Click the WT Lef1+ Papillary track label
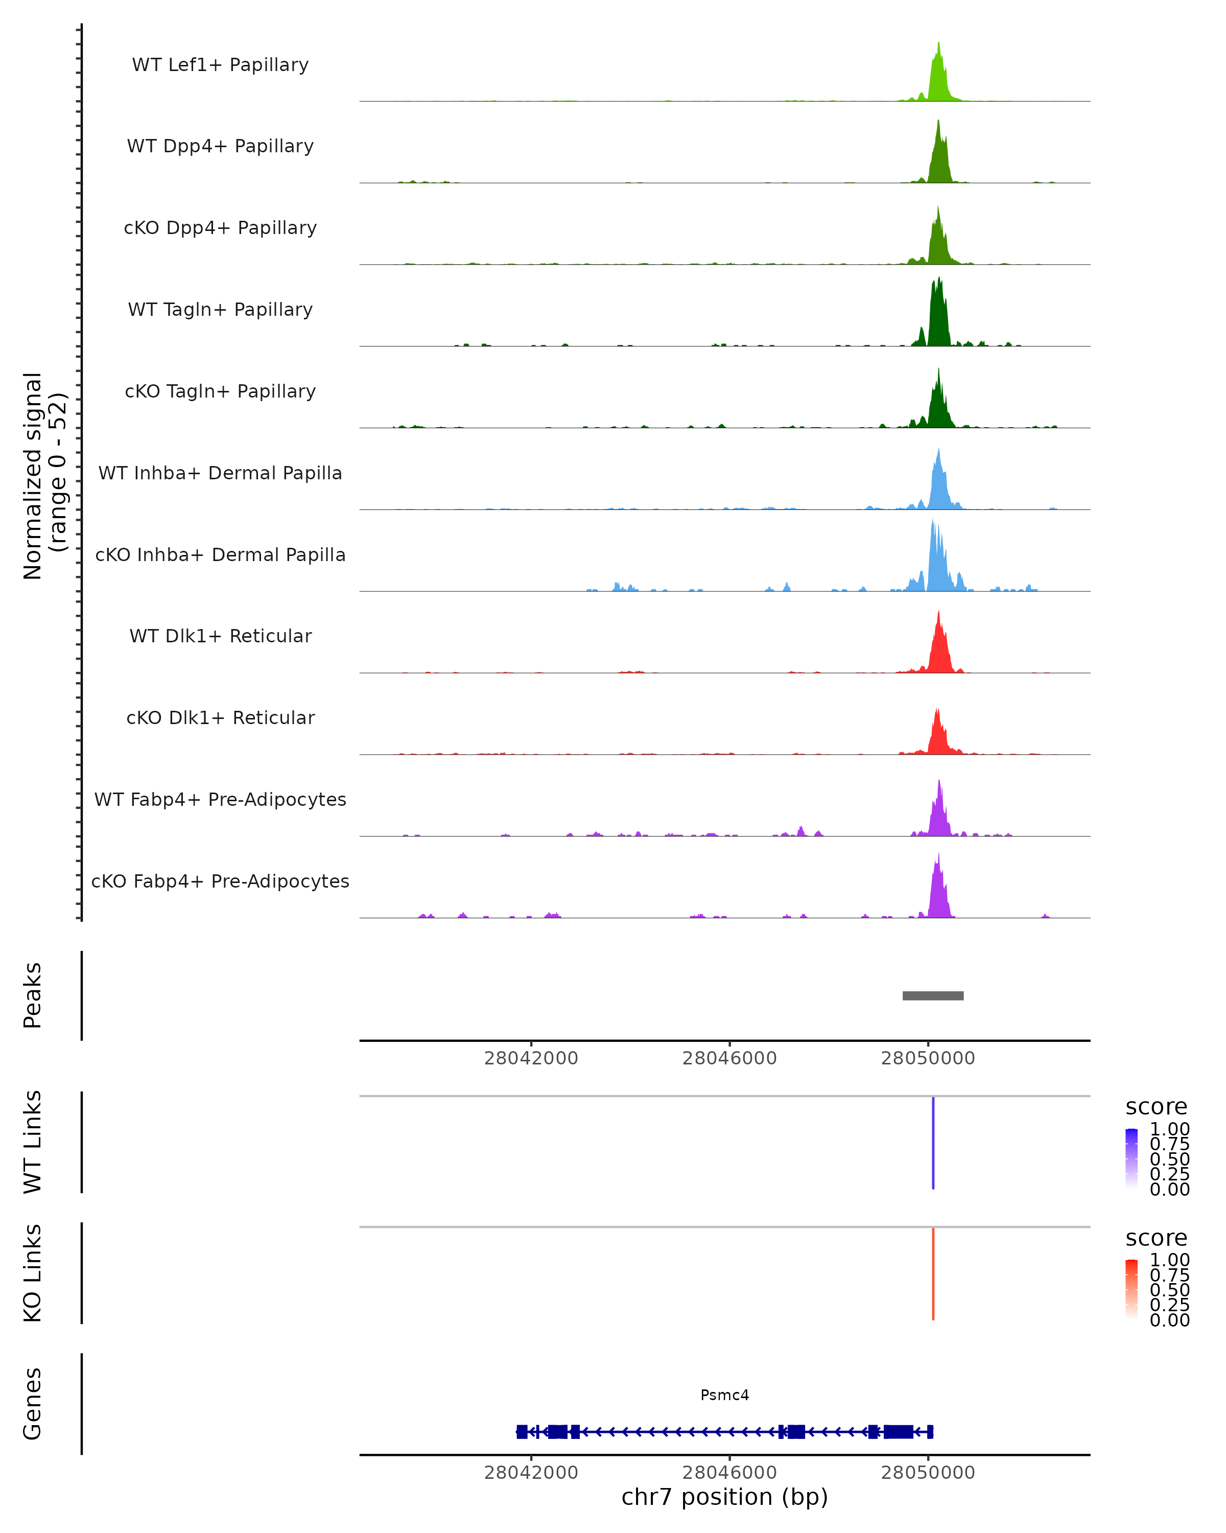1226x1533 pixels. click(220, 65)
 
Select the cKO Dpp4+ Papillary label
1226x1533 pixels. click(220, 228)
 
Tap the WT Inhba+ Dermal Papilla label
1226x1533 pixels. click(220, 474)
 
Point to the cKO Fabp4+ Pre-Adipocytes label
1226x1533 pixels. click(220, 881)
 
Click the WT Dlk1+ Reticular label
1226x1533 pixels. click(220, 636)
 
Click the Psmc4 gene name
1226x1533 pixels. click(724, 1395)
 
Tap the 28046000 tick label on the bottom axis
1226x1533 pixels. click(729, 1473)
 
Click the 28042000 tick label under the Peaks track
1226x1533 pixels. click(531, 1059)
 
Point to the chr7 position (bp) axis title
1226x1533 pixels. click(724, 1497)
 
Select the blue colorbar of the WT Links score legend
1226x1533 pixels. click(1131, 1157)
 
